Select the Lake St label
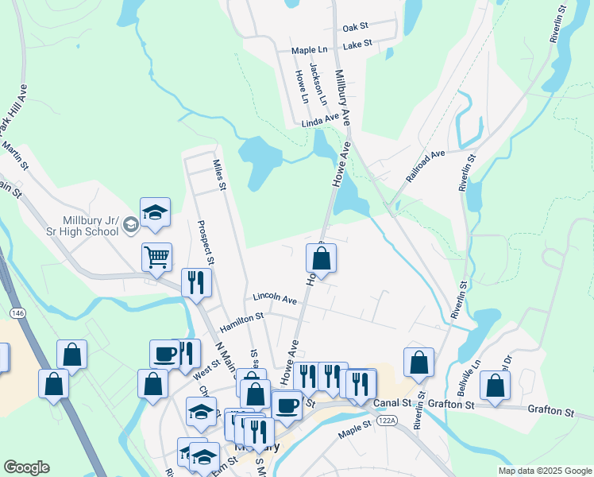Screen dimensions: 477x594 [357, 45]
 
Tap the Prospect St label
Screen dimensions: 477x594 [206, 242]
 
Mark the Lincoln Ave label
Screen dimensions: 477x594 [275, 300]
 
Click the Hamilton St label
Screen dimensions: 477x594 [241, 317]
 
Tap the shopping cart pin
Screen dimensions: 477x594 [156, 256]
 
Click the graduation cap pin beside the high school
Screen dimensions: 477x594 [156, 211]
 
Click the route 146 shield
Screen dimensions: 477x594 [18, 314]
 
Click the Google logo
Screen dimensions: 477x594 [27, 467]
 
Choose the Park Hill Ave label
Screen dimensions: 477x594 [13, 111]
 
